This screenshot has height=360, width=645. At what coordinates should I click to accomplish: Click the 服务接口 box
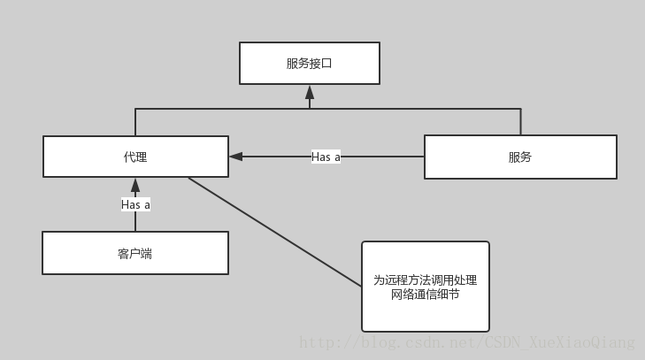tap(310, 63)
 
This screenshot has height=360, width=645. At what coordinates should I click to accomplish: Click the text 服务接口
tap(310, 63)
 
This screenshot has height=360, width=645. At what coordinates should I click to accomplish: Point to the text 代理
tap(135, 157)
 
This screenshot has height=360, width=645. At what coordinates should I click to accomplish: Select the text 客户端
tap(135, 253)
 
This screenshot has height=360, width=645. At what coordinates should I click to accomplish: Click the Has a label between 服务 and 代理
tap(326, 157)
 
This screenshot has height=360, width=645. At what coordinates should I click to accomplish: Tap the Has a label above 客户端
tap(135, 204)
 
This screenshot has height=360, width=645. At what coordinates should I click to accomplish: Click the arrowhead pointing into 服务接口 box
tap(310, 91)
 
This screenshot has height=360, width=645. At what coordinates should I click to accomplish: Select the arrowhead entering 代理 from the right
tap(235, 157)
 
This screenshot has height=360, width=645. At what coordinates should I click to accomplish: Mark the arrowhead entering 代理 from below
tap(135, 185)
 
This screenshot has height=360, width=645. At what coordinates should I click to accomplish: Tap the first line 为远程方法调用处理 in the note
tap(425, 280)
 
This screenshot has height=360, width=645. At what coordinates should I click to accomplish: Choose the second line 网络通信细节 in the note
tap(425, 295)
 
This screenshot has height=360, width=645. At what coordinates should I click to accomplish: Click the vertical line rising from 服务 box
tap(520, 122)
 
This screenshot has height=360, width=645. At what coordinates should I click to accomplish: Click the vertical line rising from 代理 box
tap(135, 122)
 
